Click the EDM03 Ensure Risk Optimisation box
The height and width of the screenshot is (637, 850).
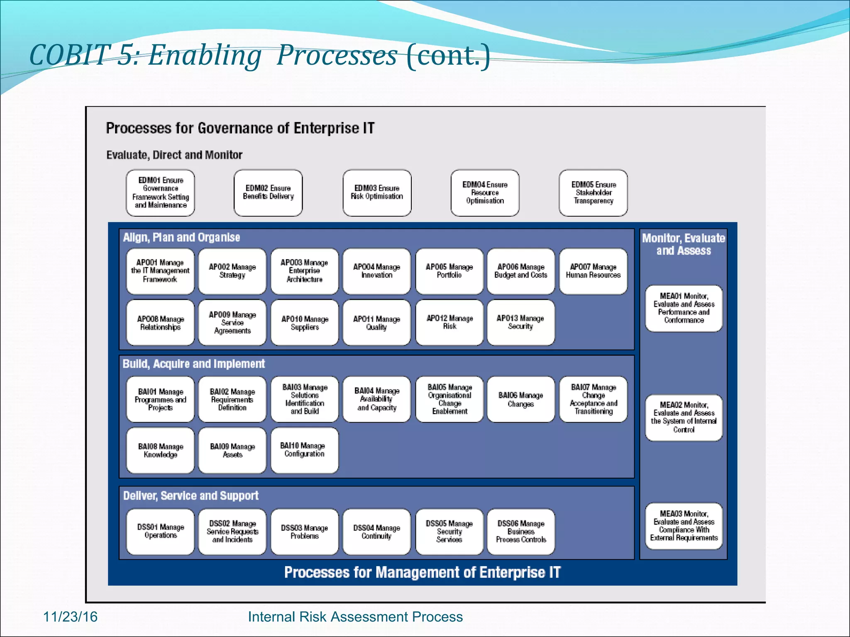pos(377,192)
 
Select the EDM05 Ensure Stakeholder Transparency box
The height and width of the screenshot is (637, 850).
pos(593,192)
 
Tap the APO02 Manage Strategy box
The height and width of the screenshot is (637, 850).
pos(232,271)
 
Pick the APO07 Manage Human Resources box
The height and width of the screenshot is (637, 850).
pos(593,271)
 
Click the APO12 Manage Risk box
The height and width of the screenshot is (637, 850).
pos(449,322)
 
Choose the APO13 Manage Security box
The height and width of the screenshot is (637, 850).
pos(520,322)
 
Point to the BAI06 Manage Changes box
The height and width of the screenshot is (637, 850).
pos(520,399)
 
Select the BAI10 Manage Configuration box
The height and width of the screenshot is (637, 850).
pos(304,450)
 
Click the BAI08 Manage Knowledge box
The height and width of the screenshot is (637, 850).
pos(160,450)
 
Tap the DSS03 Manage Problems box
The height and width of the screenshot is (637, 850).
pos(304,532)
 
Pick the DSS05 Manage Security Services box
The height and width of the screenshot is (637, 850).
pos(449,532)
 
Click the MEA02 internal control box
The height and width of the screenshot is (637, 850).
pos(684,417)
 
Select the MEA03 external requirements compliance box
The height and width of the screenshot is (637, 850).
pos(684,526)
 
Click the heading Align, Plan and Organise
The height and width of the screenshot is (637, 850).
pos(181,237)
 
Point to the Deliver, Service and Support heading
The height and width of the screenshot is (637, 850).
pos(191,496)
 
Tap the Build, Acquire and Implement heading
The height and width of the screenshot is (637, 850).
pos(193,364)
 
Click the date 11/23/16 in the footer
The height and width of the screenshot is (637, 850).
pos(70,617)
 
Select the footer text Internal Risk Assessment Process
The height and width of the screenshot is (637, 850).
pos(355,617)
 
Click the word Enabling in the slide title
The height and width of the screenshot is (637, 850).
pos(205,55)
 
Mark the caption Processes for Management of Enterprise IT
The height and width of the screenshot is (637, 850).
pos(422,572)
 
